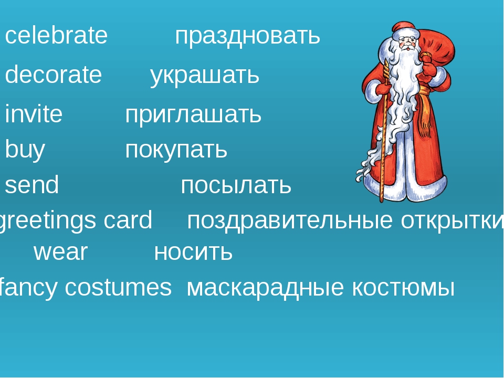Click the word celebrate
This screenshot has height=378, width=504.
pyautogui.click(x=56, y=35)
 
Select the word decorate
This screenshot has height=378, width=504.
pyautogui.click(x=54, y=74)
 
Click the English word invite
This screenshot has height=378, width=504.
pyautogui.click(x=34, y=114)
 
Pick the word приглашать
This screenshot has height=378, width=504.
pyautogui.click(x=193, y=115)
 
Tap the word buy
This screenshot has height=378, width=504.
pyautogui.click(x=25, y=150)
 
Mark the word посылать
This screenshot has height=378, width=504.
pyautogui.click(x=236, y=185)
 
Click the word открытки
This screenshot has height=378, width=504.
pyautogui.click(x=452, y=222)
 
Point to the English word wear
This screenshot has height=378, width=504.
pyautogui.click(x=60, y=252)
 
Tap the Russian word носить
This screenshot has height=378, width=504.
pyautogui.click(x=193, y=252)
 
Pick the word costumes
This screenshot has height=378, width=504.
pyautogui.click(x=118, y=287)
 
